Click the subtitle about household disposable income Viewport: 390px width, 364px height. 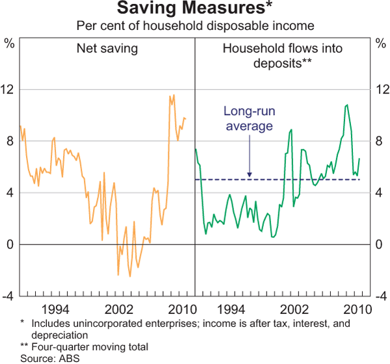195,26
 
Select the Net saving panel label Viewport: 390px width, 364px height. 107,48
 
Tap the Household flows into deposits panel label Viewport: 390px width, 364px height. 282,55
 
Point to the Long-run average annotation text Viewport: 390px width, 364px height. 249,118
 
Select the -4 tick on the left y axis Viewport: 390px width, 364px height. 10,296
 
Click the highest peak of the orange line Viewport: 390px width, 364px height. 173,96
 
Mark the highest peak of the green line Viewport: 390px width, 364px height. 347,105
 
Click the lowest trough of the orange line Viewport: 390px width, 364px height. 130,276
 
